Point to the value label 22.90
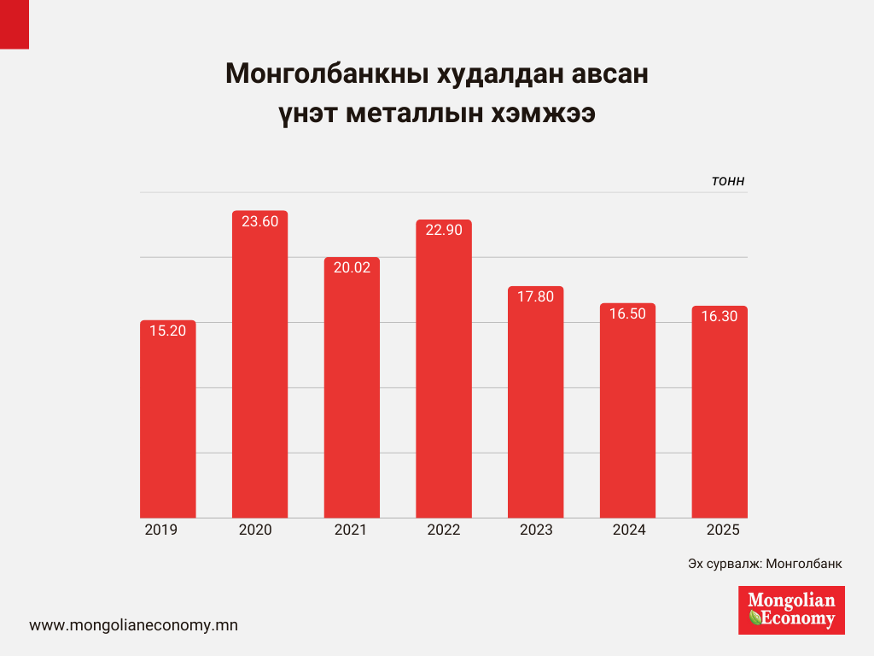[x=444, y=230]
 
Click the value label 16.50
[x=627, y=313]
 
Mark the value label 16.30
[x=720, y=315]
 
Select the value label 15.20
[x=167, y=331]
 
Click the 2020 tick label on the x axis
[x=255, y=530]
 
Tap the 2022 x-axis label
[x=444, y=530]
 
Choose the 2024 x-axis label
[x=629, y=530]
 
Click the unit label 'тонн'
[x=728, y=181]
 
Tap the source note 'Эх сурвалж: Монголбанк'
[x=764, y=565]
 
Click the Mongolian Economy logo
[x=791, y=610]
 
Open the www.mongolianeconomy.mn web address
[x=133, y=625]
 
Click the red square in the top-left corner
[x=14, y=23]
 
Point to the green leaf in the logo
[x=755, y=617]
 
